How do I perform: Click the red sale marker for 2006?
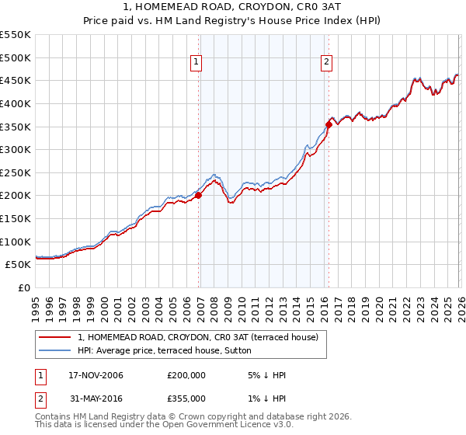[198, 196]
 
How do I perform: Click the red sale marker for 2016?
[329, 124]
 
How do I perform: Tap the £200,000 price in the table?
[186, 375]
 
